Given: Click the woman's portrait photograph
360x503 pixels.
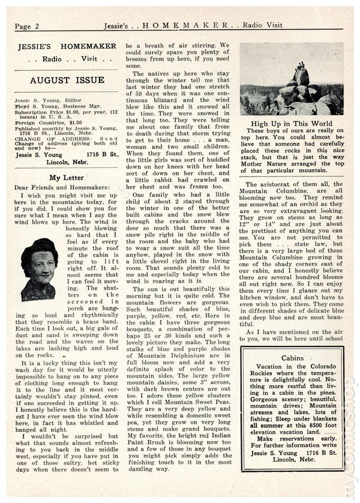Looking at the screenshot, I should pyautogui.click(x=39, y=268).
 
